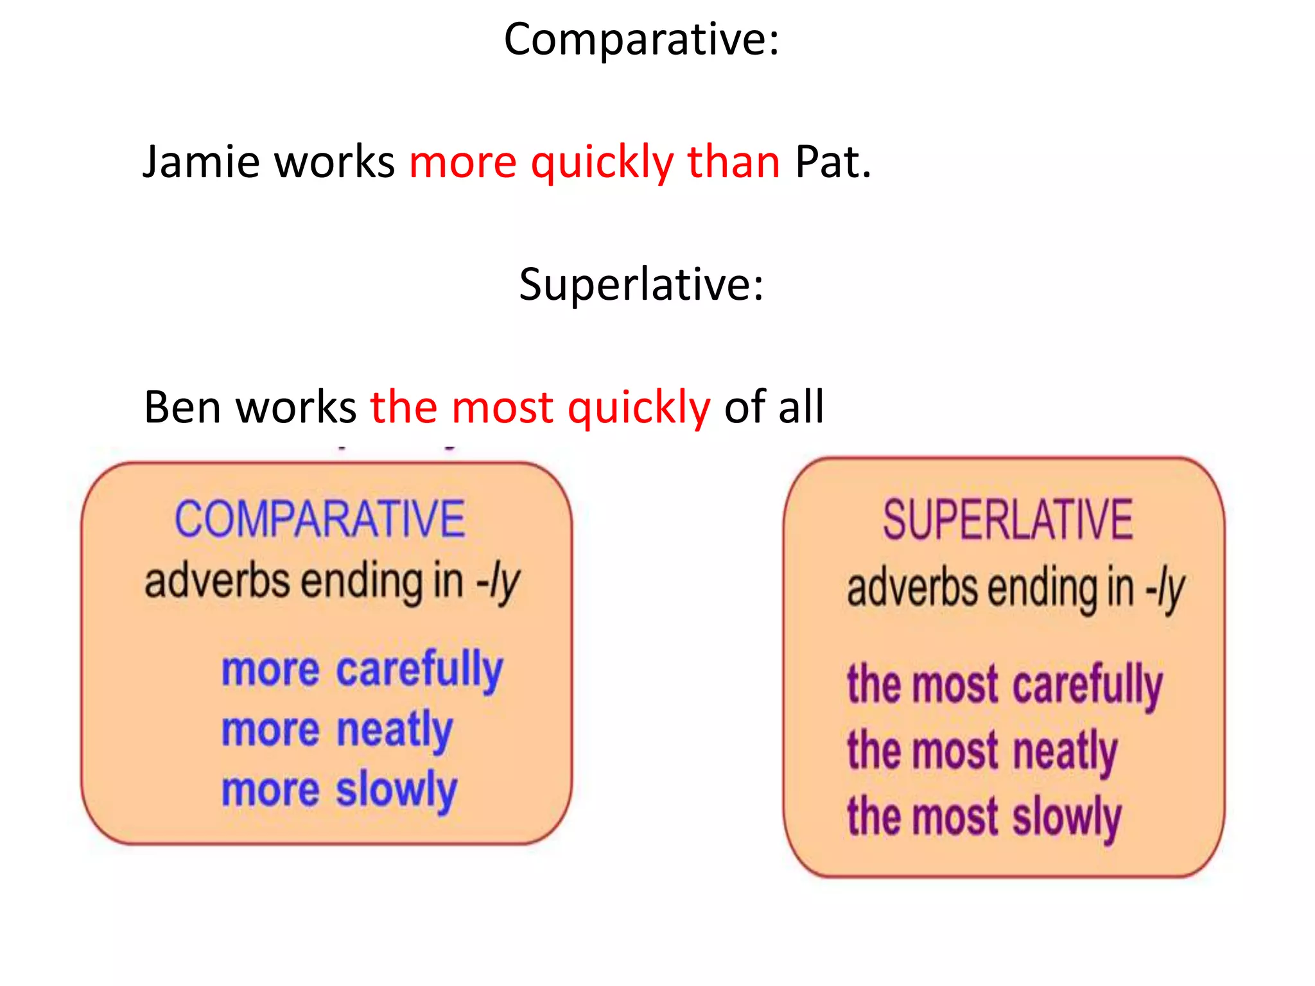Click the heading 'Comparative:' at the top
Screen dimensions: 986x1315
click(x=641, y=40)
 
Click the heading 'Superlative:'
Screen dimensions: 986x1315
click(x=641, y=284)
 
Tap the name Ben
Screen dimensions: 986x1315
click(x=182, y=407)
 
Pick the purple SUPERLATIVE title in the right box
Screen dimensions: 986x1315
click(x=1007, y=520)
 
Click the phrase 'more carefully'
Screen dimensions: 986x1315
click(x=361, y=670)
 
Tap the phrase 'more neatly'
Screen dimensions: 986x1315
click(x=337, y=731)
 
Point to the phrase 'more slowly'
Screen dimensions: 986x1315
click(x=339, y=790)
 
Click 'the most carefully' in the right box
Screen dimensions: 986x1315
click(x=1004, y=685)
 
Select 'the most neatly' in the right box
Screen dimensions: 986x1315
click(x=982, y=751)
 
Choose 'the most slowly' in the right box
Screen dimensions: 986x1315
click(x=984, y=817)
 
